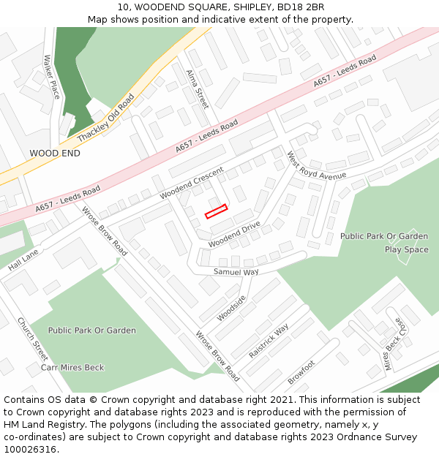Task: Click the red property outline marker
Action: pyautogui.click(x=216, y=211)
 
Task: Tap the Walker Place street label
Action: pyautogui.click(x=51, y=78)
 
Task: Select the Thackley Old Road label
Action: pyautogui.click(x=106, y=117)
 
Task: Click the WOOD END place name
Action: pyautogui.click(x=55, y=154)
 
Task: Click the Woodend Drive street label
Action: pyautogui.click(x=234, y=235)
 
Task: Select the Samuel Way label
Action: pyautogui.click(x=236, y=272)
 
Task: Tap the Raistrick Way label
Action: pyautogui.click(x=269, y=341)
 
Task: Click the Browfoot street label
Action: pyautogui.click(x=301, y=372)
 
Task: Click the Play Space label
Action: pyautogui.click(x=406, y=249)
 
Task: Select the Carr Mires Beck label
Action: pyautogui.click(x=72, y=367)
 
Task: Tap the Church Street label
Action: pyautogui.click(x=32, y=339)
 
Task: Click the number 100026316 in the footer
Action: pyautogui.click(x=30, y=450)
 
